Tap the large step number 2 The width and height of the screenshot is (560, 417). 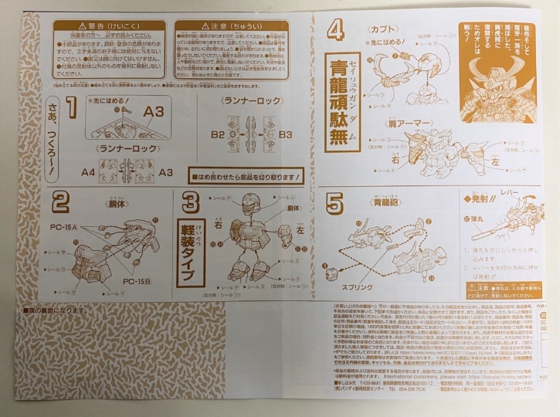click(x=61, y=203)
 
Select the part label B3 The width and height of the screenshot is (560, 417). click(x=285, y=134)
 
